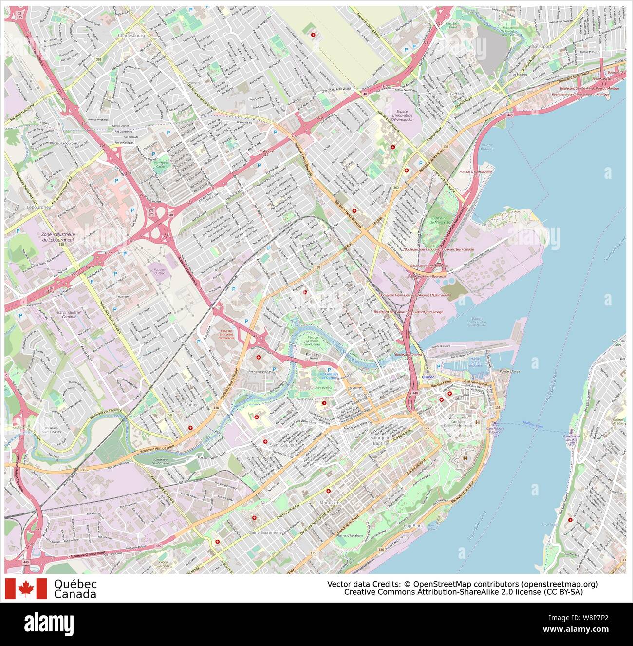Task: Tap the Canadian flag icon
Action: [26, 589]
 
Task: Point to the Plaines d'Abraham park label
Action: [349, 535]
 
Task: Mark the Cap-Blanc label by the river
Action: [415, 526]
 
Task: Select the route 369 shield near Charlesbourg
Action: [99, 59]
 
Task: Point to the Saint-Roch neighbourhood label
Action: [361, 395]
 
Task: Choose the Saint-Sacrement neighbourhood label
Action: [265, 532]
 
